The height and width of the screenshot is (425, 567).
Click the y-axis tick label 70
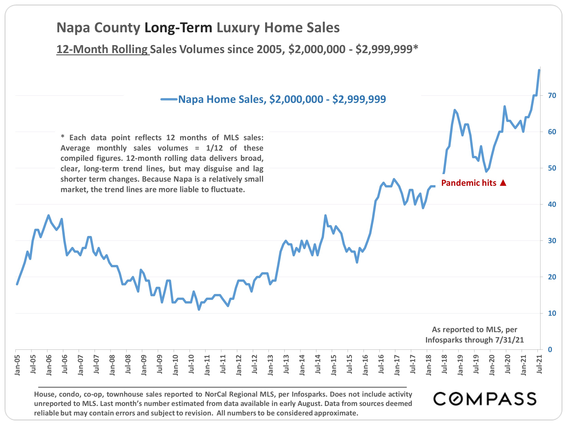(552, 96)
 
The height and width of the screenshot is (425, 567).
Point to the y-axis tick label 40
(552, 204)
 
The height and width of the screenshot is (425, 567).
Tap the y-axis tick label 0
(550, 350)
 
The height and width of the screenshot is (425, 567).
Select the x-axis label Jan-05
(17, 365)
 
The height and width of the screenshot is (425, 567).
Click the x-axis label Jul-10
(191, 364)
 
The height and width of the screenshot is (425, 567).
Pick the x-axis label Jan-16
(365, 365)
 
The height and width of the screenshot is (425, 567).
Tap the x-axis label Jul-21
(539, 364)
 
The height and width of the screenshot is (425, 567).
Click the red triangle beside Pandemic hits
(503, 183)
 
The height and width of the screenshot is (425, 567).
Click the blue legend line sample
(169, 99)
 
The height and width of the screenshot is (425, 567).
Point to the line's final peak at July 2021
(539, 70)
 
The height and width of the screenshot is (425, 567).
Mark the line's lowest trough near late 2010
(199, 309)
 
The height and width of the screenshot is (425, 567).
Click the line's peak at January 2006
(49, 215)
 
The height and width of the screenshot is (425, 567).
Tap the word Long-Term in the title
(178, 27)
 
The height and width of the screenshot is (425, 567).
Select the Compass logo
(484, 399)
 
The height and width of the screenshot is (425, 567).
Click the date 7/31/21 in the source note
(509, 340)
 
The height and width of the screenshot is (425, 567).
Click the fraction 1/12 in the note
(214, 148)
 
